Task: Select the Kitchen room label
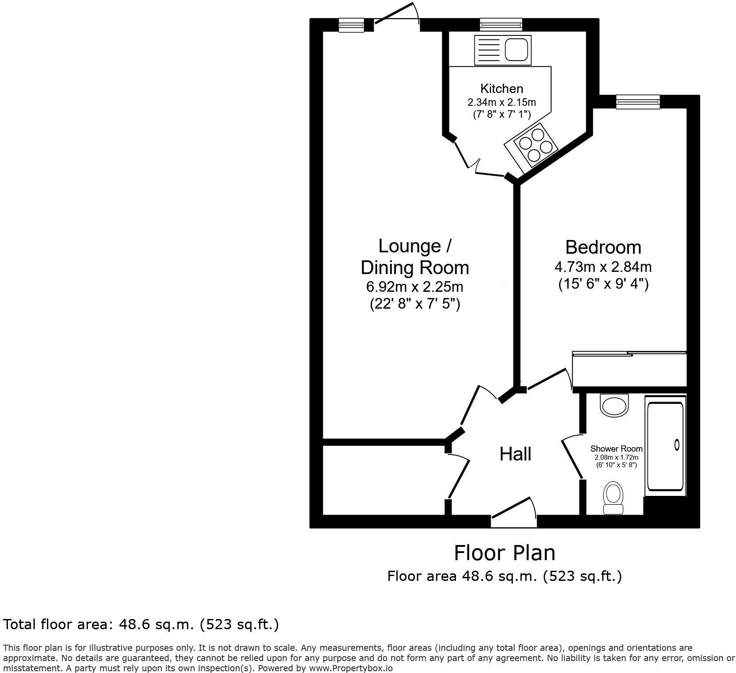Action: [x=502, y=89]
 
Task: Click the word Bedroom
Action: [x=603, y=247]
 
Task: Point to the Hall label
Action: [x=515, y=454]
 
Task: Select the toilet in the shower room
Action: [x=613, y=498]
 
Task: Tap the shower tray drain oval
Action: [x=676, y=444]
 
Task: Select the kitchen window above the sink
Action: [x=501, y=24]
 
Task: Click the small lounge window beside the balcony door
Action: [x=351, y=25]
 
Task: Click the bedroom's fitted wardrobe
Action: [x=629, y=370]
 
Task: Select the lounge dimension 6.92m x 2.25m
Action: [x=414, y=287]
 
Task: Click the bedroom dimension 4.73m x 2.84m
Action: [x=603, y=267]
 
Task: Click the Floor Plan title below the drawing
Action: [x=504, y=553]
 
